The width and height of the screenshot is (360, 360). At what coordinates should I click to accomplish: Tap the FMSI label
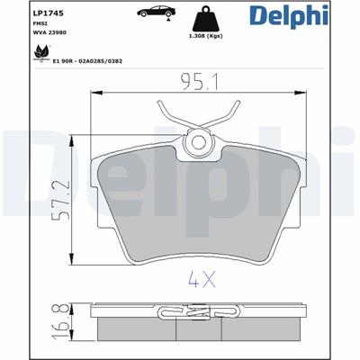pyautogui.click(x=38, y=23)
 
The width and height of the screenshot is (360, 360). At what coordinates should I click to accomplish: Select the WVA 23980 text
pyautogui.click(x=49, y=32)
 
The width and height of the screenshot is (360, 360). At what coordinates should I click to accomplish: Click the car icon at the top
pyautogui.click(x=156, y=12)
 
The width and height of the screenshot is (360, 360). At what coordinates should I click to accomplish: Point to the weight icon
pyautogui.click(x=205, y=19)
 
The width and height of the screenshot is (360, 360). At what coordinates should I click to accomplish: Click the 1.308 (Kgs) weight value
pyautogui.click(x=205, y=36)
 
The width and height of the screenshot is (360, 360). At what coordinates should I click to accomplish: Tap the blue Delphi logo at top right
pyautogui.click(x=289, y=15)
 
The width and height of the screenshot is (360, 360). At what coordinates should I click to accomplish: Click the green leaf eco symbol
pyautogui.click(x=40, y=53)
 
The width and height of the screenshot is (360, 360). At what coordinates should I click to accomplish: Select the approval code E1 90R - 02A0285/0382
pyautogui.click(x=87, y=61)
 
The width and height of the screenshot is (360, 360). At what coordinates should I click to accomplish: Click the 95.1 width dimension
pyautogui.click(x=200, y=82)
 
